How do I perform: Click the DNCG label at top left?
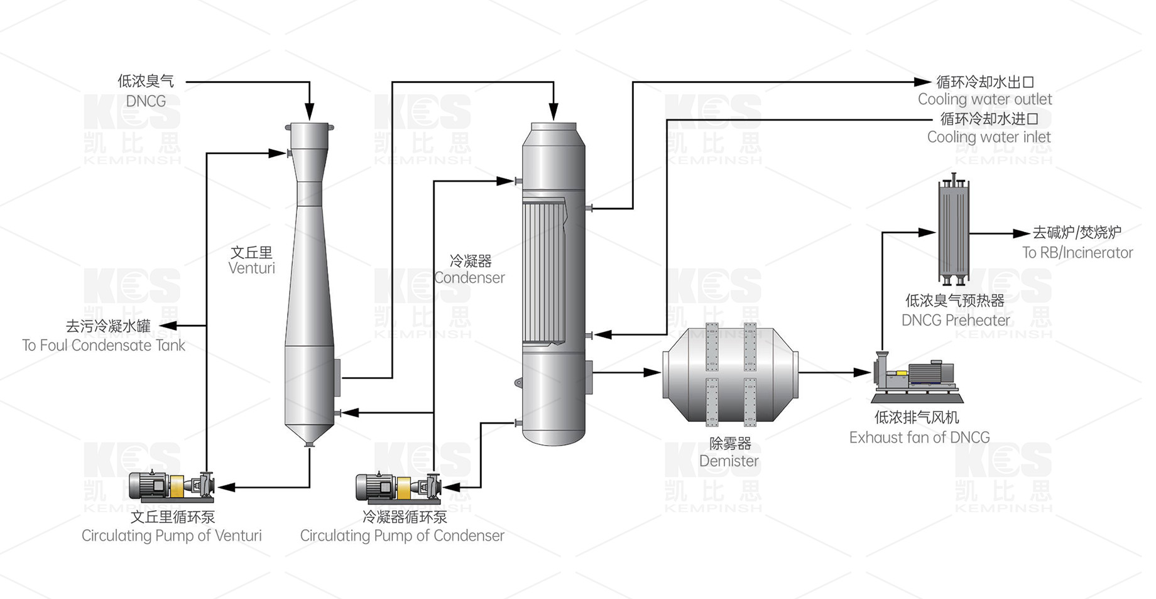pyautogui.click(x=146, y=101)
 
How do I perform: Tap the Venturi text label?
pyautogui.click(x=251, y=268)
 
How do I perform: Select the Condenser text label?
pyautogui.click(x=469, y=278)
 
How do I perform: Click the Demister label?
pyautogui.click(x=729, y=461)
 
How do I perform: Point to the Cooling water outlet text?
pyautogui.click(x=984, y=99)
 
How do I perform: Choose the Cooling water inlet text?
pyautogui.click(x=989, y=137)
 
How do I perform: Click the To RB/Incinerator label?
pyautogui.click(x=1077, y=253)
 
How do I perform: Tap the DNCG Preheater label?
pyautogui.click(x=956, y=321)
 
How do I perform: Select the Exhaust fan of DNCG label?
pyautogui.click(x=919, y=437)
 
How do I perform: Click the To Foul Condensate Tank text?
pyautogui.click(x=104, y=346)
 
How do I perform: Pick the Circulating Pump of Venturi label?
pyautogui.click(x=172, y=536)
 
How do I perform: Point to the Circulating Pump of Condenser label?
pyautogui.click(x=402, y=536)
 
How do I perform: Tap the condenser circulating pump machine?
pyautogui.click(x=398, y=488)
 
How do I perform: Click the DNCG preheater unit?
pyautogui.click(x=954, y=231)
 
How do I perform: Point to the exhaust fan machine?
pyautogui.click(x=917, y=378)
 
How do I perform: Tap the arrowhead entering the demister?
pyautogui.click(x=652, y=373)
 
